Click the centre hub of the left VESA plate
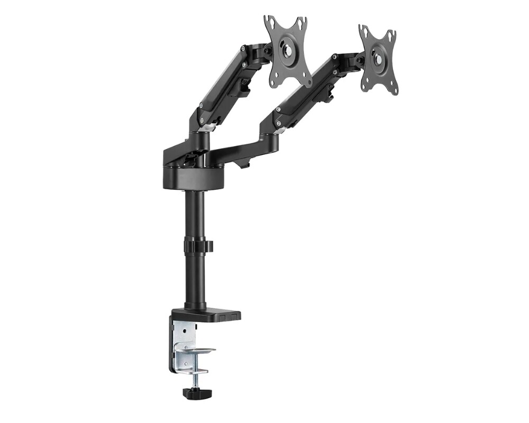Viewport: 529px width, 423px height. [288, 52]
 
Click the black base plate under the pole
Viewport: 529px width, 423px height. [212, 316]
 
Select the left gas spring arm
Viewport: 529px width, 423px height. [222, 85]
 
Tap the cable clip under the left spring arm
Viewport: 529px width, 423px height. [245, 87]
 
